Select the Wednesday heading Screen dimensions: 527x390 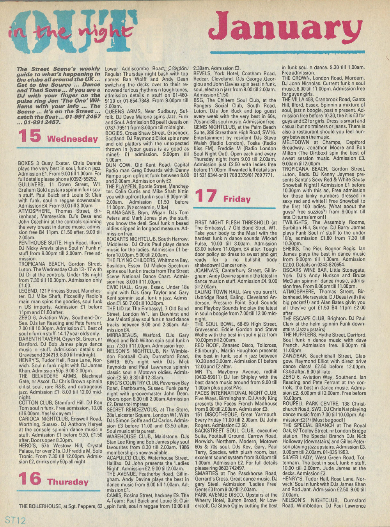click(72, 139)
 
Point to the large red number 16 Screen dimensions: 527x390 click(30, 479)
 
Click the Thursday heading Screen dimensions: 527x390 click(68, 482)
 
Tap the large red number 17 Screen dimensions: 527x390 click(206, 196)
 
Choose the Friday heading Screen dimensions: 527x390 click(237, 199)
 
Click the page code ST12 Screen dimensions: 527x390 click(15, 520)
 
